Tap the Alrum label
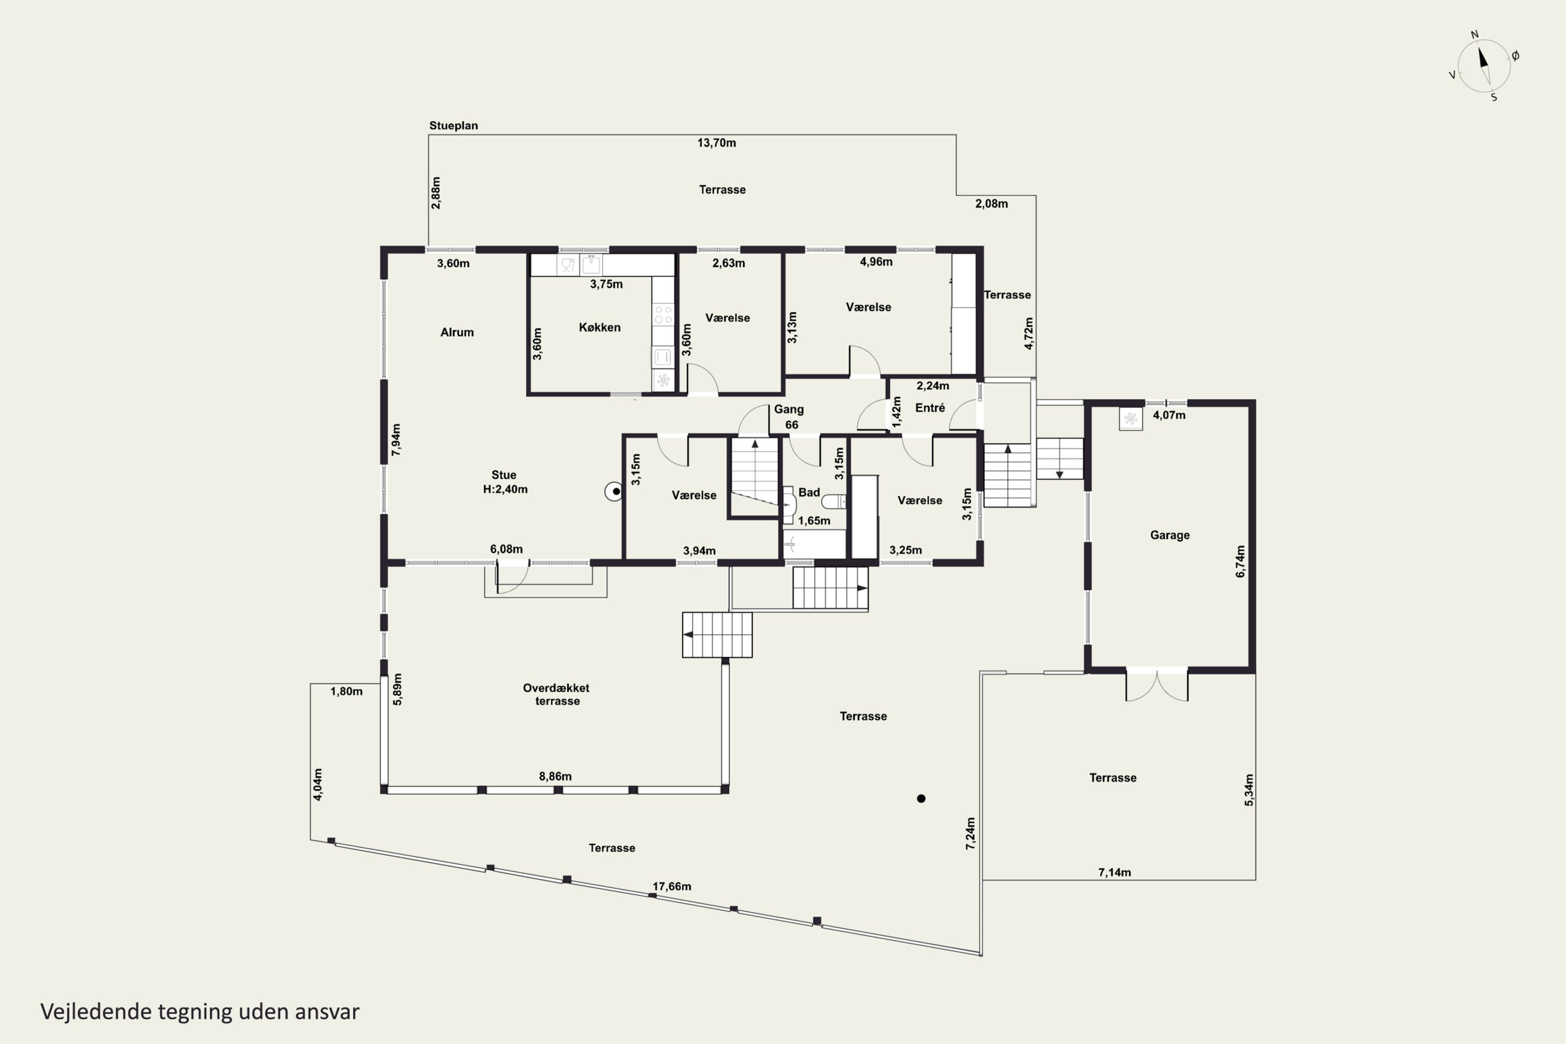(457, 332)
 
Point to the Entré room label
(930, 408)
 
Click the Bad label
(809, 493)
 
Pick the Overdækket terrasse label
(556, 694)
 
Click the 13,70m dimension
(716, 143)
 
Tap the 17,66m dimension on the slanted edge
(671, 887)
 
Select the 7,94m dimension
(396, 440)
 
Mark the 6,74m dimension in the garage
(1240, 561)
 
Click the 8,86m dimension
(555, 776)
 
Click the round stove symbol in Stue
(614, 492)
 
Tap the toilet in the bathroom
(834, 501)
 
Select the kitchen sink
(590, 265)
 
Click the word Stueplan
(454, 125)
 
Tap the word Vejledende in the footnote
(96, 1012)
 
